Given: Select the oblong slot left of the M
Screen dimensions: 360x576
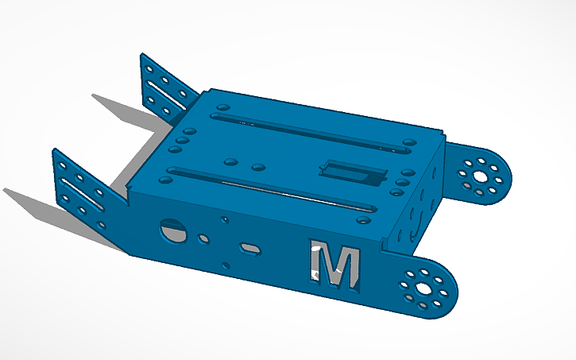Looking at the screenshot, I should pos(251,249).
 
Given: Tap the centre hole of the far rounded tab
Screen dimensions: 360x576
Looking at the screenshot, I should pos(479,174).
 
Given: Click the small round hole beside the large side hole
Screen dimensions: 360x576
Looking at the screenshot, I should pos(204,237).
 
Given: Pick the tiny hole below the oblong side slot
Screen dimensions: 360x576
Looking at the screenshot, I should pos(226,265).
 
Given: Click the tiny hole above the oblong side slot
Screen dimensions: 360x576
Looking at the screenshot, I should pos(225,219).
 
